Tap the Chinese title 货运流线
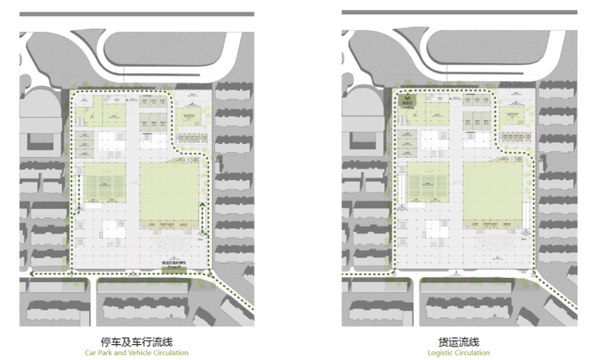pos(459,341)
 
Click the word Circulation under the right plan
pos(474,353)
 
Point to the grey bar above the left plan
pos(136,14)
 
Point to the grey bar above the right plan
pos(459,12)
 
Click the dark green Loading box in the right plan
pos(408,100)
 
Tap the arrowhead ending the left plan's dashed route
pos(29,274)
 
